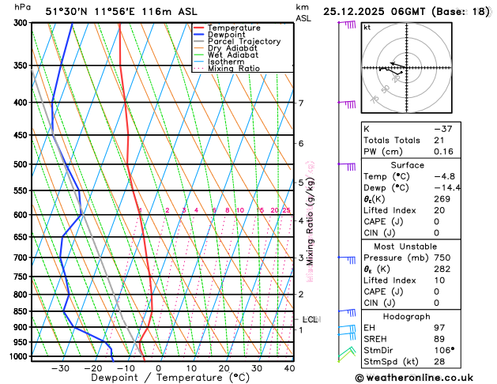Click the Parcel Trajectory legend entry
point(243,41)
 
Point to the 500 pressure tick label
point(20,164)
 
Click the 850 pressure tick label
point(20,311)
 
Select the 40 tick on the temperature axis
point(289,368)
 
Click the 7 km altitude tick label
point(301,103)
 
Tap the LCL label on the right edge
point(310,319)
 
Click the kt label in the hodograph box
point(367,27)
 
